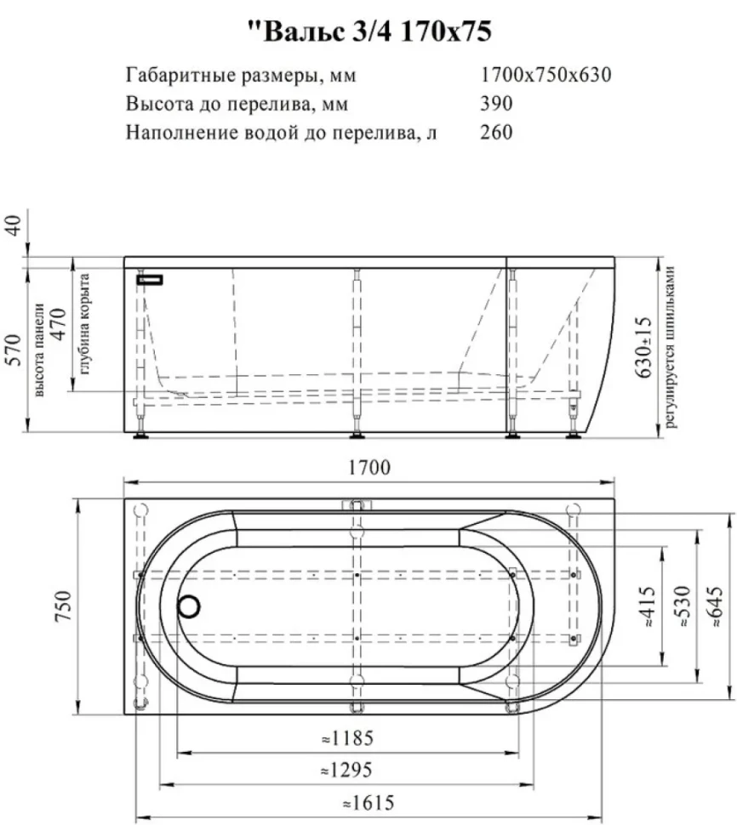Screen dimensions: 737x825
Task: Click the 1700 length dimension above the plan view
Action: click(x=369, y=467)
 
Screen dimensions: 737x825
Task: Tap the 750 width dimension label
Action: click(x=64, y=605)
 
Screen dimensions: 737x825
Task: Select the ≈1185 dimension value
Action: click(x=347, y=738)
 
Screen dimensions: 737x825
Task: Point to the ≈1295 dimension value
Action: click(x=347, y=770)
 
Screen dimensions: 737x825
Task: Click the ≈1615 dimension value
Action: click(x=368, y=803)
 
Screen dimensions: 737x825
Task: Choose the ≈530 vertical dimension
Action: click(x=683, y=606)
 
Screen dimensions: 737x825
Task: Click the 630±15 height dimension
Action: click(x=644, y=347)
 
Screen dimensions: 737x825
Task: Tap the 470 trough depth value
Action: click(x=59, y=323)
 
